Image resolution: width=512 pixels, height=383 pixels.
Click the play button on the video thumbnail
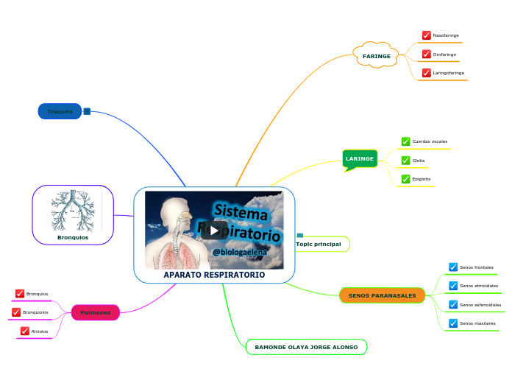(214, 230)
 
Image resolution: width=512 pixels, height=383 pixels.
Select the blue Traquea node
(60, 111)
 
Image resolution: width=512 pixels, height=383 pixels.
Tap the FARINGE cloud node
(376, 55)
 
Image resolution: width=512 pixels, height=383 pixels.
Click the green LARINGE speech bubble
(360, 158)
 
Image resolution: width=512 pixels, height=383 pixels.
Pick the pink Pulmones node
(95, 313)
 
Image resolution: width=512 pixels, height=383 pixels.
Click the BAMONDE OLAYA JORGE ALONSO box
(306, 347)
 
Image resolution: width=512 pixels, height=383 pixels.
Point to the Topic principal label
(318, 244)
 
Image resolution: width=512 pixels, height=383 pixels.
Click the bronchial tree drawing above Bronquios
(72, 211)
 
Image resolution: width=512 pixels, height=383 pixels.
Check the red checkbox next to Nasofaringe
(427, 35)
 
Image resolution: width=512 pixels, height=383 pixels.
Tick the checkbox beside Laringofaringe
(427, 73)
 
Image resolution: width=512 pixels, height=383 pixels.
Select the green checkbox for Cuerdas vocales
(405, 141)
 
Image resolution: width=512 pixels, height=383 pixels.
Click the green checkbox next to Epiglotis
(405, 179)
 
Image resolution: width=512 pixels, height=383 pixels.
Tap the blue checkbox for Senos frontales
(453, 267)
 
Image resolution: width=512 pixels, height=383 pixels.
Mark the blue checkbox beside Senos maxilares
(453, 323)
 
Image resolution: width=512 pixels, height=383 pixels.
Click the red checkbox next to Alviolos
(25, 331)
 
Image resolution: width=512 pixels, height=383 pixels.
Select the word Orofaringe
(444, 55)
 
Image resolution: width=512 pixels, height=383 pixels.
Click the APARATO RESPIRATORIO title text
(214, 275)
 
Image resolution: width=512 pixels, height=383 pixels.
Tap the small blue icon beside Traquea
(87, 111)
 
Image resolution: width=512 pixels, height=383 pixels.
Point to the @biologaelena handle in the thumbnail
(239, 252)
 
